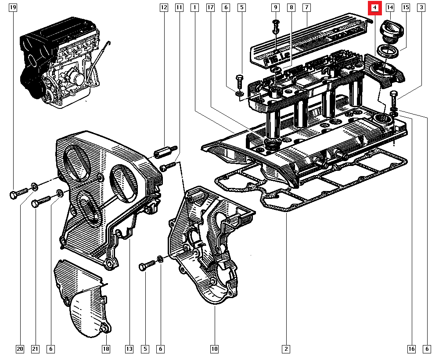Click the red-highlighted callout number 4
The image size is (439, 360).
374,7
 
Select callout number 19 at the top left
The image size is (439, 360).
13,7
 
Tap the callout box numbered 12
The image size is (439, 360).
164,7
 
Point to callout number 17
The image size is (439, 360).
210,7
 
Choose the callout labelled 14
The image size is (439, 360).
390,7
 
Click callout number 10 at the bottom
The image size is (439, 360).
214,349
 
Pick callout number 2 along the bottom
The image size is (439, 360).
286,349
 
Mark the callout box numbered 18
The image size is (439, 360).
106,349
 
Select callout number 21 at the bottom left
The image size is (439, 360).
36,349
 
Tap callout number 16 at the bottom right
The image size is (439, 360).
411,349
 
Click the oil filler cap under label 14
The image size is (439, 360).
390,31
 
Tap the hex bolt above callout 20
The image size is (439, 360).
18,194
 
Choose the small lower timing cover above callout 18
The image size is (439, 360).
83,299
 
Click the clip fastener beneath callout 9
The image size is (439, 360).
276,26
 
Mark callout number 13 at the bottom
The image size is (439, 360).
129,349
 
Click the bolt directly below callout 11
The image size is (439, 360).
168,166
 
